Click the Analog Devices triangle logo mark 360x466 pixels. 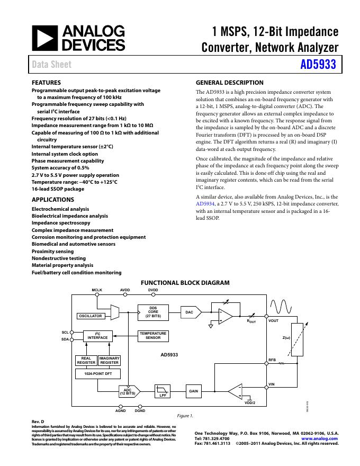44,37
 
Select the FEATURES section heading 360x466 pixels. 47,83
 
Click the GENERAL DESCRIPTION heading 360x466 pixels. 229,83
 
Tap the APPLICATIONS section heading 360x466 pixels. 53,200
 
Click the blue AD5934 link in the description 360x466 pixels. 205,203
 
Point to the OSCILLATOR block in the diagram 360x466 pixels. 91,316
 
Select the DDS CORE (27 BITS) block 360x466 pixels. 153,312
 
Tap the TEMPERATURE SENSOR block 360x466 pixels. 153,336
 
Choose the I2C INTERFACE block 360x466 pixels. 97,336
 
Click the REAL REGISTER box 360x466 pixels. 86,361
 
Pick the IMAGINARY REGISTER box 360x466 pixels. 110,361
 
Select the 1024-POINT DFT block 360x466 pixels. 98,374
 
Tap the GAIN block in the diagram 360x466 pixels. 194,391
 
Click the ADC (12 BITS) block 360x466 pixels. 128,392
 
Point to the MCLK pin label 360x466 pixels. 97,290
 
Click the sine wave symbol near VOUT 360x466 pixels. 281,307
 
